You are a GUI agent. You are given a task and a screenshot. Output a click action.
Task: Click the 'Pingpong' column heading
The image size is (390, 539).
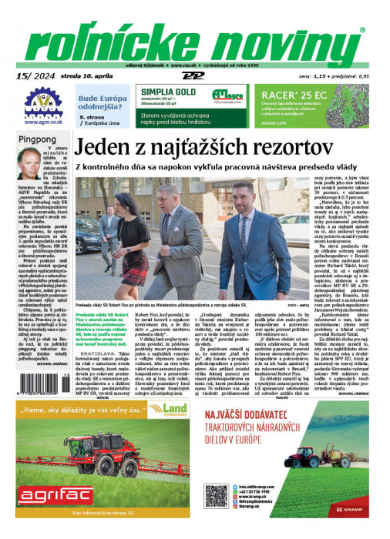(37, 140)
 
